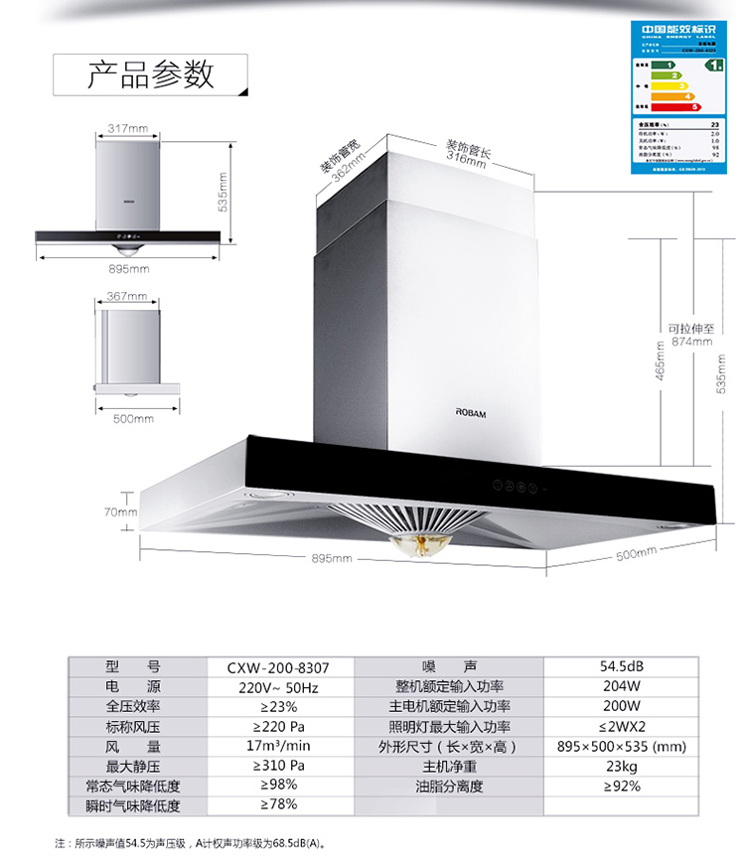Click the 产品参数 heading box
pyautogui.click(x=150, y=74)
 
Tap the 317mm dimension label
pyautogui.click(x=127, y=129)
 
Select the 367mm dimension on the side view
pyautogui.click(x=127, y=296)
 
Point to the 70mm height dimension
pyautogui.click(x=120, y=512)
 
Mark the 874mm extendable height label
pyautogui.click(x=691, y=342)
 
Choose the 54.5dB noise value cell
pyautogui.click(x=622, y=667)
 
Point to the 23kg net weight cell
pyautogui.click(x=622, y=766)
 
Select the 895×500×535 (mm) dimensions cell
pyautogui.click(x=622, y=746)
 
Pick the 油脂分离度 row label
pyautogui.click(x=449, y=786)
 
